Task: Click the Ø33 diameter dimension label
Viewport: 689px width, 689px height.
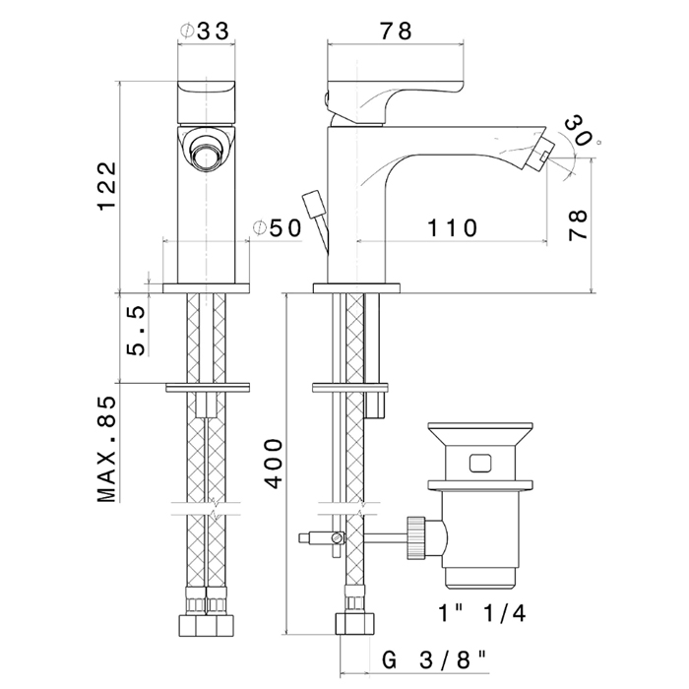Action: [x=205, y=31]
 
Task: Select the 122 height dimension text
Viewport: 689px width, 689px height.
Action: [x=107, y=186]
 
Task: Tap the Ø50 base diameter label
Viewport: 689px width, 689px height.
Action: [x=278, y=227]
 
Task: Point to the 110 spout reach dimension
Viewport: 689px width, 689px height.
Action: [x=452, y=228]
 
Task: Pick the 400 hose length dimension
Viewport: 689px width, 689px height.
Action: [x=275, y=464]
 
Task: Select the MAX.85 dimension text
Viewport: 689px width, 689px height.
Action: [x=107, y=449]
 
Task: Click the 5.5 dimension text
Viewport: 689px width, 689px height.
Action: [x=136, y=331]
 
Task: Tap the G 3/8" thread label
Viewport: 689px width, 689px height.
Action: [x=434, y=659]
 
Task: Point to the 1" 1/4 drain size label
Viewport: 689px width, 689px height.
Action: [x=482, y=612]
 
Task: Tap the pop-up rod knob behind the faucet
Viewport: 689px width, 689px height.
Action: [x=312, y=203]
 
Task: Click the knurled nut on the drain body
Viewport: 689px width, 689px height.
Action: [x=416, y=537]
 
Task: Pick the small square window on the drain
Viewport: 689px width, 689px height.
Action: [x=480, y=463]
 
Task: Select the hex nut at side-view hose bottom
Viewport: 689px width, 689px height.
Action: [x=355, y=624]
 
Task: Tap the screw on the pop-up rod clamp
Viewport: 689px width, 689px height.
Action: [x=337, y=536]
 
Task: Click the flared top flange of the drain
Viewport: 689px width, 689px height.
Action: [x=480, y=434]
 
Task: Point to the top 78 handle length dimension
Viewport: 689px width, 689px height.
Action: [x=396, y=31]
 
